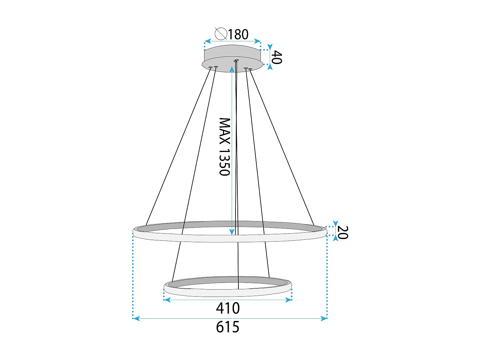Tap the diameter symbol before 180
(221, 34)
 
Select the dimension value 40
(276, 57)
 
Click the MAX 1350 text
(225, 147)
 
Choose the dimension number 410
(228, 308)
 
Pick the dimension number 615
(228, 327)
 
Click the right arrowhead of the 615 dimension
(324, 318)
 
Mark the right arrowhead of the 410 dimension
(289, 300)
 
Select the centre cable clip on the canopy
(236, 60)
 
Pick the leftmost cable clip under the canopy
(210, 67)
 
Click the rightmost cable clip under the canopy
(250, 69)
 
